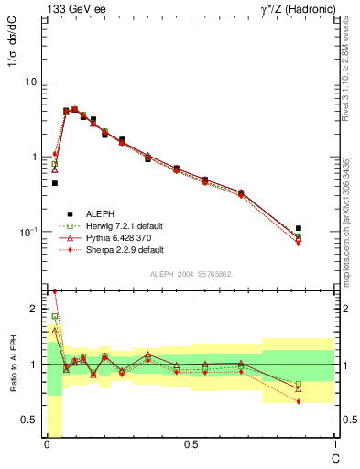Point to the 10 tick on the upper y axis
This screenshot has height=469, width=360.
coord(31,82)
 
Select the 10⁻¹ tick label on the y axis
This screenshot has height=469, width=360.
coord(27,232)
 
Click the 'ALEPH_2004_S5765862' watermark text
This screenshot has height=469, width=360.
coord(191,273)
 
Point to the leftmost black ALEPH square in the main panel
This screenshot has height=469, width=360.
coord(55,183)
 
